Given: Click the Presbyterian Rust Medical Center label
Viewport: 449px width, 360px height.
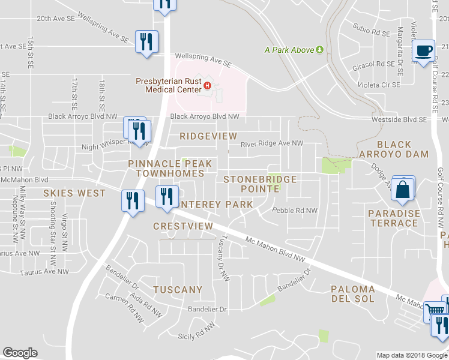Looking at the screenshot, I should click(x=169, y=85).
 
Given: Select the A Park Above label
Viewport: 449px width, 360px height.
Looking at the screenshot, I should click(x=290, y=50).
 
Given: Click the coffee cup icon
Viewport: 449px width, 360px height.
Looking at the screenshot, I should click(x=423, y=50).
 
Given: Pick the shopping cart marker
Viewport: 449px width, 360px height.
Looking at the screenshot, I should click(x=435, y=311).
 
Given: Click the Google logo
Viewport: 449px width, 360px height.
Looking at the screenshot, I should click(x=20, y=353).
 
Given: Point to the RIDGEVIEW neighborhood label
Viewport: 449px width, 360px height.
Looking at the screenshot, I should click(x=208, y=136).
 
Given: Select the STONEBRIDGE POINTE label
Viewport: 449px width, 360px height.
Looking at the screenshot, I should click(x=252, y=184).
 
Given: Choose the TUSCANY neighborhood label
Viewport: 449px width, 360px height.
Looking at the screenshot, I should click(x=178, y=290).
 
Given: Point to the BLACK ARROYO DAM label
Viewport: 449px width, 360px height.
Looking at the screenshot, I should click(x=403, y=149).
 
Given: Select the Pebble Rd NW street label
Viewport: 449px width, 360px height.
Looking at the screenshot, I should click(x=294, y=211).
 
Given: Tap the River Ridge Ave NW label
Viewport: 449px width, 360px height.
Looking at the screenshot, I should click(x=272, y=144).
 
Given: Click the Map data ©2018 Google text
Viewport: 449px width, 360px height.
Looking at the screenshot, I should click(x=412, y=355).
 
